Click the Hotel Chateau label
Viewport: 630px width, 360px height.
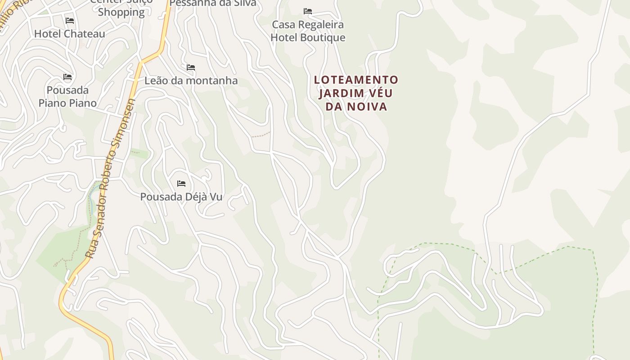pos(69,34)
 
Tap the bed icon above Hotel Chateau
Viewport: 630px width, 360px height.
pos(69,21)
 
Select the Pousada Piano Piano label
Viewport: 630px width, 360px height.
pos(67,96)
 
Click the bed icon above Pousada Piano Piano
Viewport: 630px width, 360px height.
pos(67,77)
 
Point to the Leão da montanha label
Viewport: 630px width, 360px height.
pos(191,81)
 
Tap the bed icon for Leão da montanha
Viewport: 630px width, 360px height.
pos(191,67)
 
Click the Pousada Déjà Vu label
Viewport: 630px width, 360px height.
pos(181,197)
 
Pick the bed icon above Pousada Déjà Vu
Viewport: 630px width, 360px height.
pos(181,184)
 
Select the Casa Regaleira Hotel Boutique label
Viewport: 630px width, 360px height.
pos(308,31)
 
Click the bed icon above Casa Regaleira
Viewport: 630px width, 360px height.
pos(308,11)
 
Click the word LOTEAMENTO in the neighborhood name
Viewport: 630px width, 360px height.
pos(356,80)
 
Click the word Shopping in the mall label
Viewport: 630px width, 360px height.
pos(121,12)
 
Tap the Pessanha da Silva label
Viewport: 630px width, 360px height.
pos(213,3)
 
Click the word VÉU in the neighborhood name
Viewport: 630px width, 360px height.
pos(379,94)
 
